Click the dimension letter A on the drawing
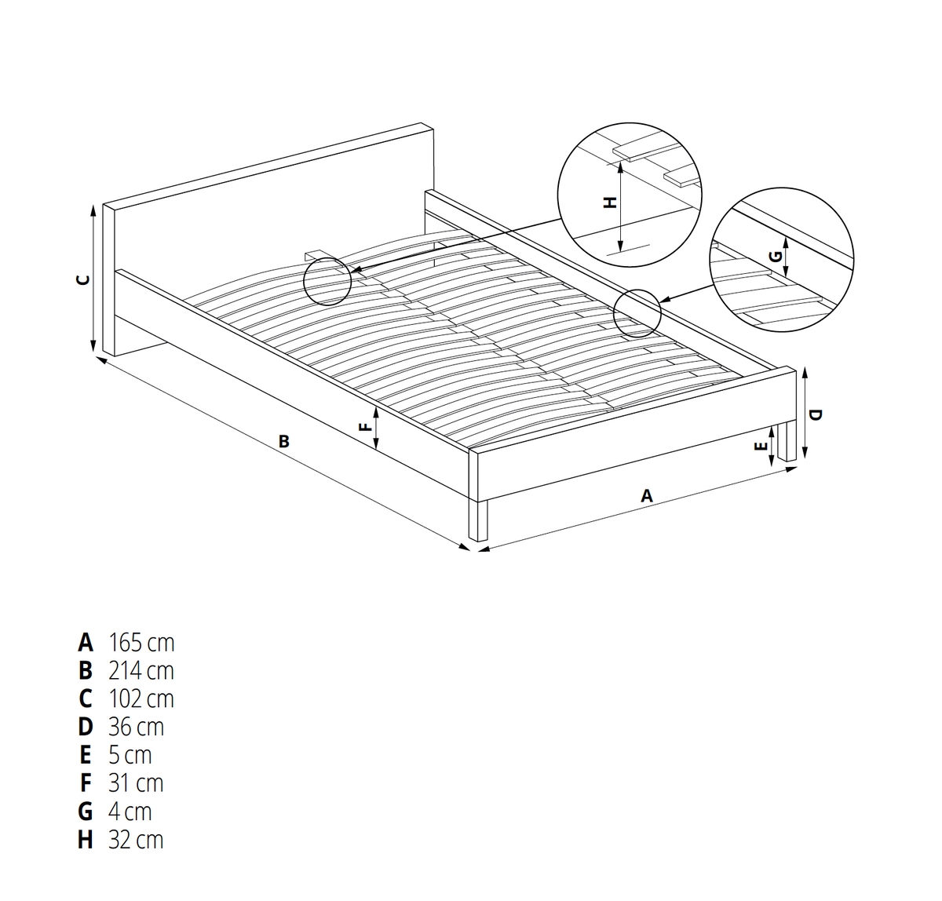coord(646,495)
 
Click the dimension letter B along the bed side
coord(284,441)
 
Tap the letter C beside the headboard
coord(83,279)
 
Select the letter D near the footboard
coord(816,414)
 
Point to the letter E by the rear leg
coord(761,446)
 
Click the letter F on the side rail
coord(367,427)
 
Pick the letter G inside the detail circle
coord(776,256)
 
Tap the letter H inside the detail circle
coord(611,202)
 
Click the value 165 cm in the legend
coord(141,643)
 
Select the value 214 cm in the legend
coord(141,671)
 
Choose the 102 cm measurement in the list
coord(141,699)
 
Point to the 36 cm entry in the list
coord(136,728)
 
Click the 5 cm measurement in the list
coord(130,755)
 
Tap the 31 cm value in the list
coord(136,783)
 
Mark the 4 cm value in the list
coord(130,812)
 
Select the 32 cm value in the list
coord(136,840)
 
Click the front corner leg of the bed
coord(478,520)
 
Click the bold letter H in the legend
coord(86,840)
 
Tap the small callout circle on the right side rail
coord(637,314)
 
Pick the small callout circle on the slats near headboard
coord(327,281)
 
